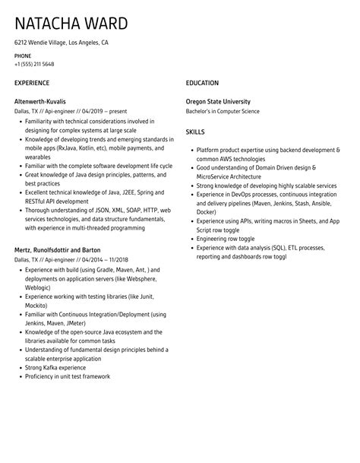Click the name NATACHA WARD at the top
pyautogui.click(x=71, y=24)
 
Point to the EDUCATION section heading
pyautogui.click(x=202, y=83)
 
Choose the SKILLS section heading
pyautogui.click(x=197, y=132)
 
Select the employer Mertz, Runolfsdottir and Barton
pyautogui.click(x=58, y=249)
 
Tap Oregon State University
pyautogui.click(x=218, y=101)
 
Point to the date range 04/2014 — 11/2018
pyautogui.click(x=96, y=259)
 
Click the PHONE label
pyautogui.click(x=23, y=55)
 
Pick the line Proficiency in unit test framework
pyautogui.click(x=68, y=376)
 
